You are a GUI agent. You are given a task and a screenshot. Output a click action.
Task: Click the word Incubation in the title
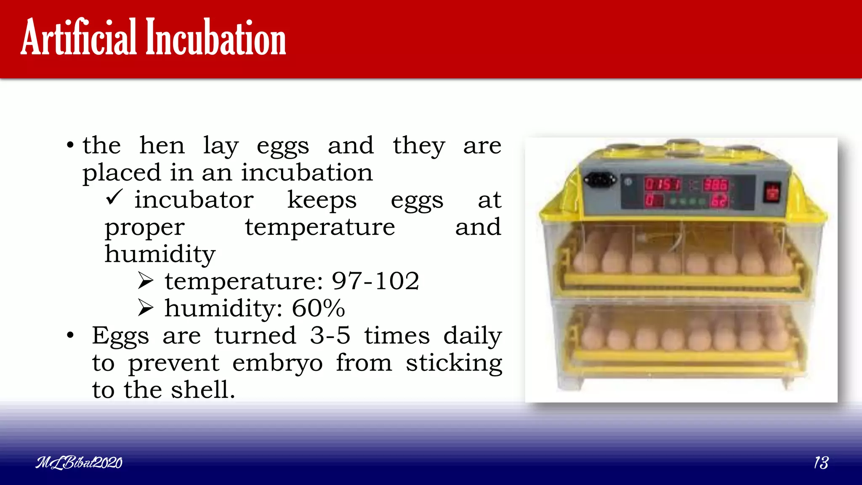[215, 38]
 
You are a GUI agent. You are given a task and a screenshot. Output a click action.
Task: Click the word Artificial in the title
[79, 38]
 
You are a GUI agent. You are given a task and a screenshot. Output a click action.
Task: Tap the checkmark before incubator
[114, 197]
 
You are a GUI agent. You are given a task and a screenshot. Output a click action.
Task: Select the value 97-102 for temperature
[375, 281]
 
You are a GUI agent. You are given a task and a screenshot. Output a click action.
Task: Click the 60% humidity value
[318, 308]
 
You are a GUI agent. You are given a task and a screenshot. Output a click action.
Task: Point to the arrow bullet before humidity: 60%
[146, 308]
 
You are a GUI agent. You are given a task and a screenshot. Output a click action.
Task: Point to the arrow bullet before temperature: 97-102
[146, 281]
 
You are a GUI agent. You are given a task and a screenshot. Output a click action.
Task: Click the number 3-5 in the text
[330, 336]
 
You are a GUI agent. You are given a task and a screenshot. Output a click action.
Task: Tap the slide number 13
[821, 463]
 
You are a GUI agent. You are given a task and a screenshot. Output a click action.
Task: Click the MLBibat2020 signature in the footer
[79, 463]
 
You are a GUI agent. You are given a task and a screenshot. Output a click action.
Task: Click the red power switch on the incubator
[772, 193]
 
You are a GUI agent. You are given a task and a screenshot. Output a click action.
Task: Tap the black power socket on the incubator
[599, 181]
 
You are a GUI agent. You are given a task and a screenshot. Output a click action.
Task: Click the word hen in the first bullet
[162, 146]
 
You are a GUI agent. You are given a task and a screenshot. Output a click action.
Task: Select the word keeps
[322, 200]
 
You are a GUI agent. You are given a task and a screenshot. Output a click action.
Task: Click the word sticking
[454, 363]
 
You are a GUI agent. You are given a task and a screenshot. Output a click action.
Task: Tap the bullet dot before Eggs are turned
[70, 336]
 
